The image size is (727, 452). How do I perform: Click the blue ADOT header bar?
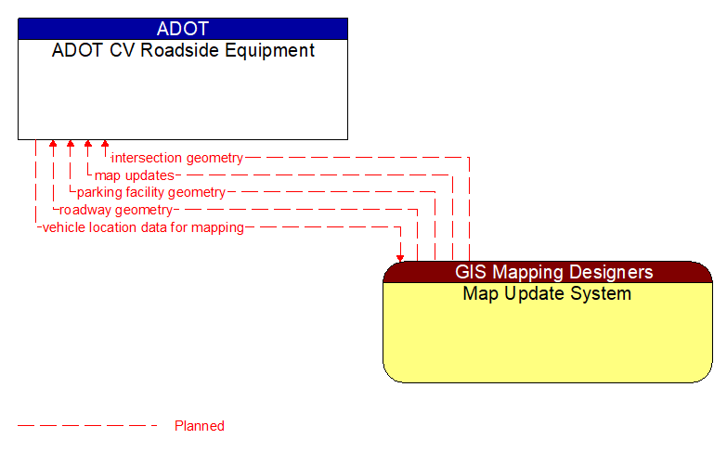(x=183, y=29)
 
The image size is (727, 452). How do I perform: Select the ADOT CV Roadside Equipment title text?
(x=183, y=50)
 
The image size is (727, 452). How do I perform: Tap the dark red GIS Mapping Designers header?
(x=548, y=272)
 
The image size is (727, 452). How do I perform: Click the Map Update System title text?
(x=548, y=294)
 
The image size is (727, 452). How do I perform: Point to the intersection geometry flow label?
(x=177, y=158)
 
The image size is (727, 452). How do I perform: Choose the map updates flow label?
(x=135, y=175)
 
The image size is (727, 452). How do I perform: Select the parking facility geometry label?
(x=151, y=192)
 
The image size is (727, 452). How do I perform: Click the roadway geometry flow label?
(x=116, y=210)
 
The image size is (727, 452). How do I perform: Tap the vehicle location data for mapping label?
(x=143, y=227)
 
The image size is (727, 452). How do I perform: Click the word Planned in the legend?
(x=200, y=426)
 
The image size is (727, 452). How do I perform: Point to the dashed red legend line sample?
(x=88, y=426)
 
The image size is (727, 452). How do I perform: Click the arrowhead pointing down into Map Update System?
(x=400, y=257)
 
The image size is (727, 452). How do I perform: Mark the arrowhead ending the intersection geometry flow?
(x=105, y=145)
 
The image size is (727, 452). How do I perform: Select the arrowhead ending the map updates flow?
(x=88, y=145)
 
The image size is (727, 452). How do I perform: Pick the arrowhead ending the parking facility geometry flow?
(x=71, y=145)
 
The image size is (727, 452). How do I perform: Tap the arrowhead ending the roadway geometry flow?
(x=53, y=145)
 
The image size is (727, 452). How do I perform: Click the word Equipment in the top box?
(x=272, y=50)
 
